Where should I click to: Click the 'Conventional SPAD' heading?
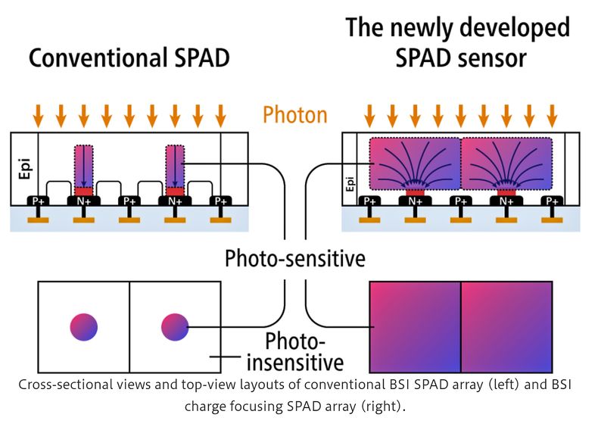click(x=129, y=58)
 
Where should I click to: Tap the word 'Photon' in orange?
click(x=295, y=115)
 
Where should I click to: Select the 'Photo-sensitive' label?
click(x=295, y=259)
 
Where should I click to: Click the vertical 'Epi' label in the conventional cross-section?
click(x=23, y=169)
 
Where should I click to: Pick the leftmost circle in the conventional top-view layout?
click(x=84, y=326)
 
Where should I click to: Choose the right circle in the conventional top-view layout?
click(x=174, y=326)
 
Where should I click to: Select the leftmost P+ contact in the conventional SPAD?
click(x=39, y=201)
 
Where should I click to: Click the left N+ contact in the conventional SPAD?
click(x=84, y=201)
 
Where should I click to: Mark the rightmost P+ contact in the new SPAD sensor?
click(x=552, y=201)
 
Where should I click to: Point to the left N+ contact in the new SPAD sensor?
click(x=415, y=201)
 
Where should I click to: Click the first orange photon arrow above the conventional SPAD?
click(x=39, y=115)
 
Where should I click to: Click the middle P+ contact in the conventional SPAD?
click(x=129, y=201)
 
